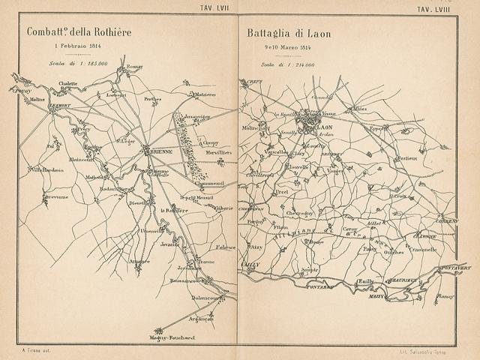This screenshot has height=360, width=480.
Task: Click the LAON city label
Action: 326,128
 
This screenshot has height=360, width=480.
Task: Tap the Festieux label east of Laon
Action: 407,158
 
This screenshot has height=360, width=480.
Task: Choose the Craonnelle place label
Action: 423,250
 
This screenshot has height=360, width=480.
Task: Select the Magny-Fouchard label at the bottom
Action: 172,337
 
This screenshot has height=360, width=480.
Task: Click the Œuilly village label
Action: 365,282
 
